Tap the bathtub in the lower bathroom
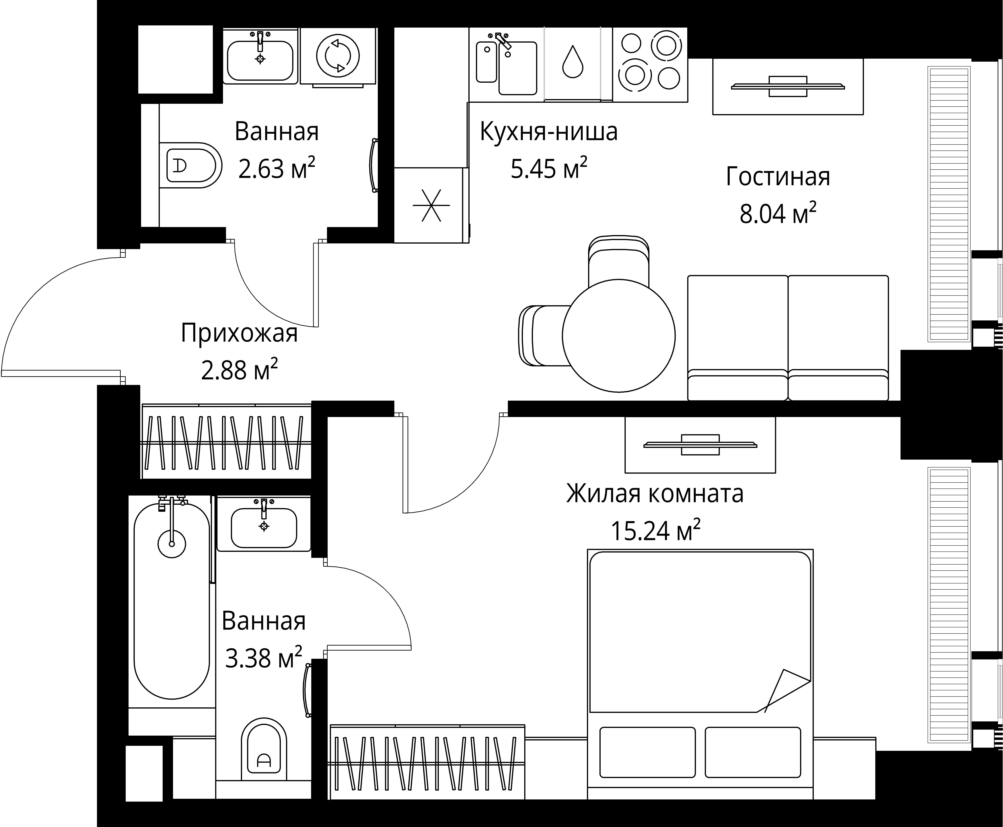172,600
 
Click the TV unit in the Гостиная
788,86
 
